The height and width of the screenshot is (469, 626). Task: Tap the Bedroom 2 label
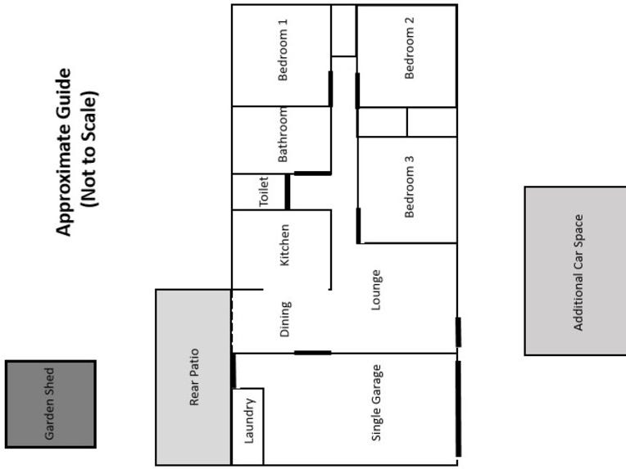[410, 48]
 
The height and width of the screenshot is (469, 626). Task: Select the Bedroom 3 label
[410, 187]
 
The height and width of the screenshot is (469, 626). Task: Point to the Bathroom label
[284, 135]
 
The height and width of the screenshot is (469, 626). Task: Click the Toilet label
[264, 192]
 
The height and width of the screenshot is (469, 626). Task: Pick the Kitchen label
[284, 245]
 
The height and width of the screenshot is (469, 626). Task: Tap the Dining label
[285, 319]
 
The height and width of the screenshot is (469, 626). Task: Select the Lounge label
[376, 291]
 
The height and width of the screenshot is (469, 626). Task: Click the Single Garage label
[377, 403]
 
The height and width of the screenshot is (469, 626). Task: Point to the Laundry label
[250, 420]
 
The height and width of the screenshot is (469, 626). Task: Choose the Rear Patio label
[194, 377]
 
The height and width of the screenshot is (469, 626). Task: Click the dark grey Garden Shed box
[51, 404]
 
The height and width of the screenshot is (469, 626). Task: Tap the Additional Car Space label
[578, 273]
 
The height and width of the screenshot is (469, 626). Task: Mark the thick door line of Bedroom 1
[330, 88]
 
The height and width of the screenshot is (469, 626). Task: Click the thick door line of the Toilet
[287, 191]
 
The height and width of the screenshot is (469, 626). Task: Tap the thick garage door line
[457, 408]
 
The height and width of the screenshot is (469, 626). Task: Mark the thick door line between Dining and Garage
[312, 353]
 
